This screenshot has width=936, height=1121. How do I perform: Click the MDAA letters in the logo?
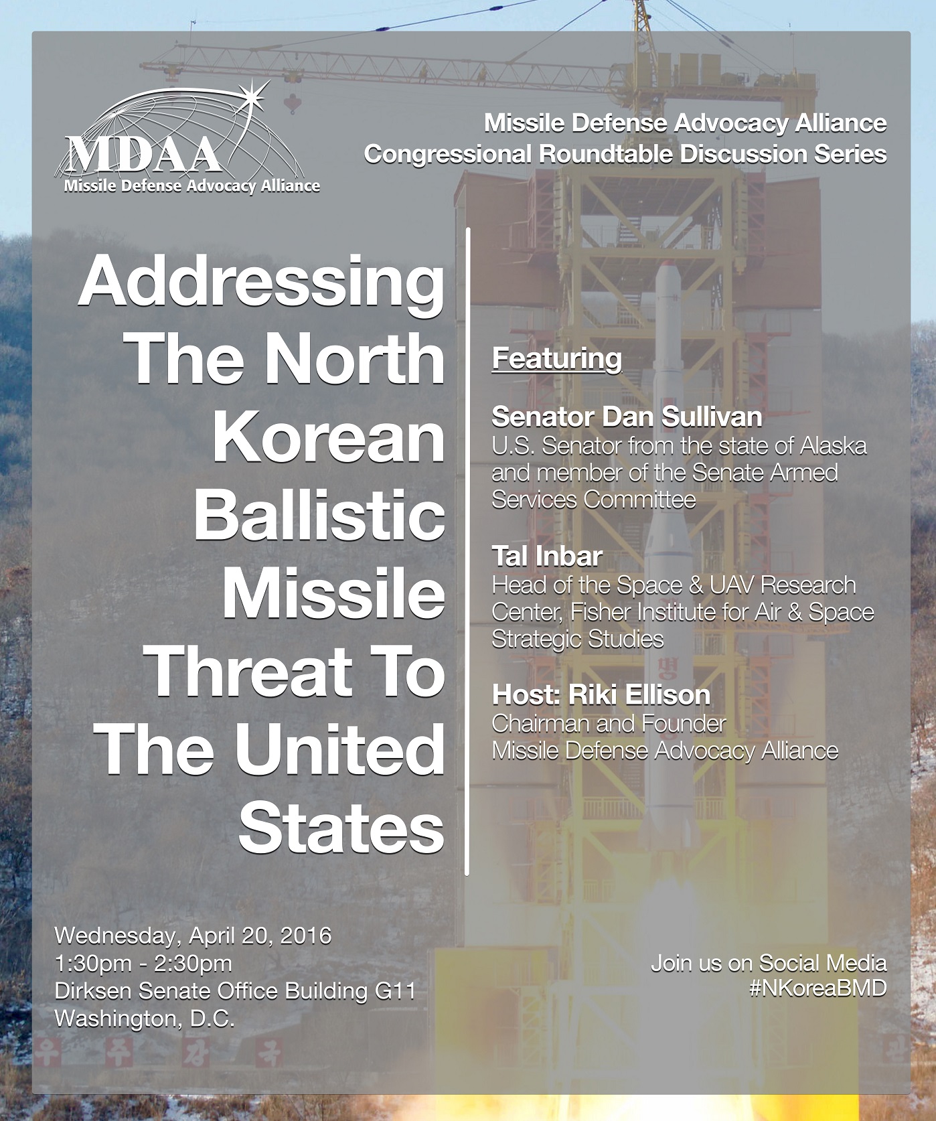(x=144, y=155)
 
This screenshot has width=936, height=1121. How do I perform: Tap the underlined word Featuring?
(x=556, y=359)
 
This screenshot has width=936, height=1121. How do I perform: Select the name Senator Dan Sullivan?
(x=627, y=417)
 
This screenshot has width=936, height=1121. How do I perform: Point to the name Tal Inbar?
(x=547, y=556)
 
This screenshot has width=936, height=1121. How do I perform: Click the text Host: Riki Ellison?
(x=601, y=695)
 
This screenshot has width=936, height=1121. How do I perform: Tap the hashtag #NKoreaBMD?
(x=818, y=988)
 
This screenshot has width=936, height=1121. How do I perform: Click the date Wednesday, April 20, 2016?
(x=193, y=935)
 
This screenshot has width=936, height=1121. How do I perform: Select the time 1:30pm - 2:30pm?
(x=143, y=963)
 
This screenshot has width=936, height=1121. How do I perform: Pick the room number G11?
(x=395, y=990)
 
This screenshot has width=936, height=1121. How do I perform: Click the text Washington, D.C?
(x=145, y=1019)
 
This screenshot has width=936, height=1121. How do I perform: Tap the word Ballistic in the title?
(x=319, y=516)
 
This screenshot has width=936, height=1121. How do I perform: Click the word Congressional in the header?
(x=448, y=155)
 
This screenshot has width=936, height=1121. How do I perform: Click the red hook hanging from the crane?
(x=291, y=103)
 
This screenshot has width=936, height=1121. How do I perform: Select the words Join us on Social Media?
(x=769, y=964)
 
